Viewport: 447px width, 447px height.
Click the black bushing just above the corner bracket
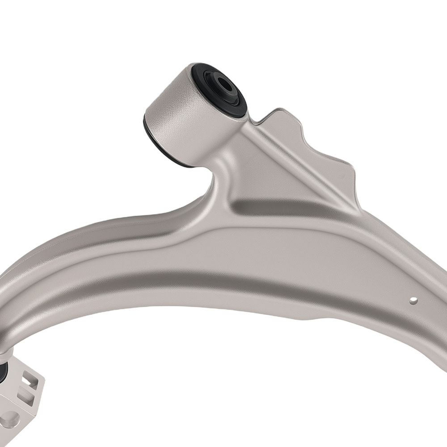click(x=4, y=371)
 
